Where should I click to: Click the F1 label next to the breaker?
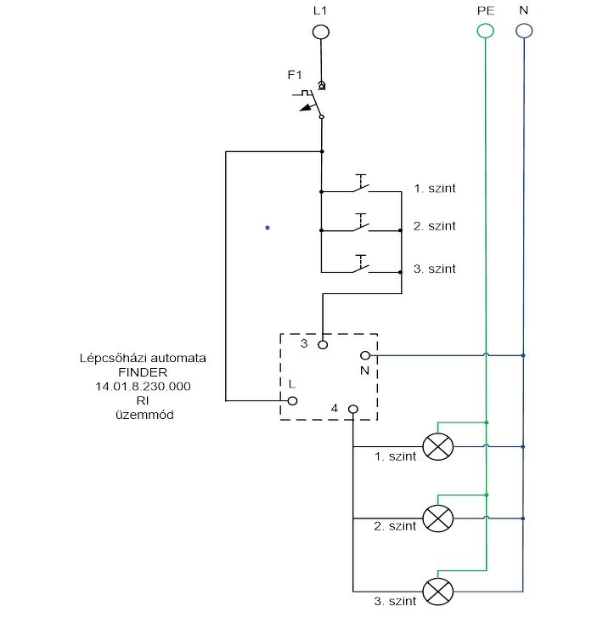(x=295, y=75)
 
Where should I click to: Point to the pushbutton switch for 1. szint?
(x=361, y=184)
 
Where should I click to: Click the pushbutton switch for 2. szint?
(x=361, y=223)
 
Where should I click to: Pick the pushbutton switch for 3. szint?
(x=361, y=263)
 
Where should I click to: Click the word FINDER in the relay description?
(x=143, y=372)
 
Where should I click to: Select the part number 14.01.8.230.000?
(x=143, y=386)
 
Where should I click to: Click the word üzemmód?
(x=144, y=415)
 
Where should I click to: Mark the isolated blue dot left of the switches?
(x=268, y=228)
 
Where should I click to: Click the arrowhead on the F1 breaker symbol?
(x=305, y=108)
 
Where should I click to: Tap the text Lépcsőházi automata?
(x=143, y=358)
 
